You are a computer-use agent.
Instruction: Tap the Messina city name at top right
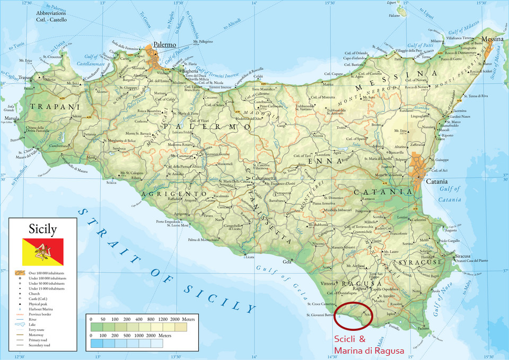[x=493, y=39]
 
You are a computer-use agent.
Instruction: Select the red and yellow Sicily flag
[x=42, y=252]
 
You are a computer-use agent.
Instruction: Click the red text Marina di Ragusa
[x=368, y=350]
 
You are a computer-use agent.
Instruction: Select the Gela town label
[x=287, y=262]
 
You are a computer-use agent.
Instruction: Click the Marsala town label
[x=12, y=118]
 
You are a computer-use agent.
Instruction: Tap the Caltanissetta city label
[x=265, y=178]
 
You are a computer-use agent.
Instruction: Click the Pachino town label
[x=423, y=329]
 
